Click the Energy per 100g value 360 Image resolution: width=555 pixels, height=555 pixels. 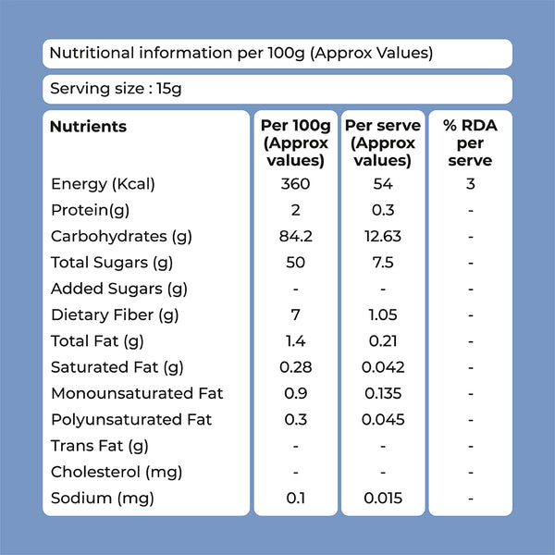pyautogui.click(x=295, y=184)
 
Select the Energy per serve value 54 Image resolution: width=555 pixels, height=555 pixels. pyautogui.click(x=383, y=184)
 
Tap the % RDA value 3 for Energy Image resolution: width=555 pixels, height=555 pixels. pyautogui.click(x=470, y=184)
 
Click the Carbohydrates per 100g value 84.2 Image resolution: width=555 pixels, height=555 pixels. pyautogui.click(x=296, y=236)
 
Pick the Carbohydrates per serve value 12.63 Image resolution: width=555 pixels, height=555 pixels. pyautogui.click(x=383, y=236)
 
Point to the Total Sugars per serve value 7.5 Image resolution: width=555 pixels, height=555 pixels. pyautogui.click(x=383, y=263)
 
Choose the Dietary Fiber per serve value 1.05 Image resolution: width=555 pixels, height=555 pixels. pyautogui.click(x=383, y=314)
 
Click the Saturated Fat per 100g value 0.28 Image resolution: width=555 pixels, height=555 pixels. pyautogui.click(x=296, y=367)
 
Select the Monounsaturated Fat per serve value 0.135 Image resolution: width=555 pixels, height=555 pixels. pyautogui.click(x=383, y=393)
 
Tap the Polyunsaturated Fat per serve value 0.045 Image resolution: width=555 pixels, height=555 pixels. pyautogui.click(x=383, y=419)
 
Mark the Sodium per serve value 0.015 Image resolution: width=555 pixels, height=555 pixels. pyautogui.click(x=383, y=498)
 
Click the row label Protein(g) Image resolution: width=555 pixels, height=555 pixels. pyautogui.click(x=90, y=210)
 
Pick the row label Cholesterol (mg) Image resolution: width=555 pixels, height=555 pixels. pyautogui.click(x=117, y=472)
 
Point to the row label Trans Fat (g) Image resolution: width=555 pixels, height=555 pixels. pyautogui.click(x=100, y=446)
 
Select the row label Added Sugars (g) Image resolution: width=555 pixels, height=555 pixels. pyautogui.click(x=119, y=289)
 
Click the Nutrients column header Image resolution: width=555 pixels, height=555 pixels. pyautogui.click(x=88, y=127)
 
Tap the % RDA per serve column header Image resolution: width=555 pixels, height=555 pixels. pyautogui.click(x=470, y=143)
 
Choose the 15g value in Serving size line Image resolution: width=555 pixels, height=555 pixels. pyautogui.click(x=169, y=89)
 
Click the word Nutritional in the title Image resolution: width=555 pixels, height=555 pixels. pyautogui.click(x=92, y=53)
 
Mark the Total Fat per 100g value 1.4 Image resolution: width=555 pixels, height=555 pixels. pyautogui.click(x=296, y=340)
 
